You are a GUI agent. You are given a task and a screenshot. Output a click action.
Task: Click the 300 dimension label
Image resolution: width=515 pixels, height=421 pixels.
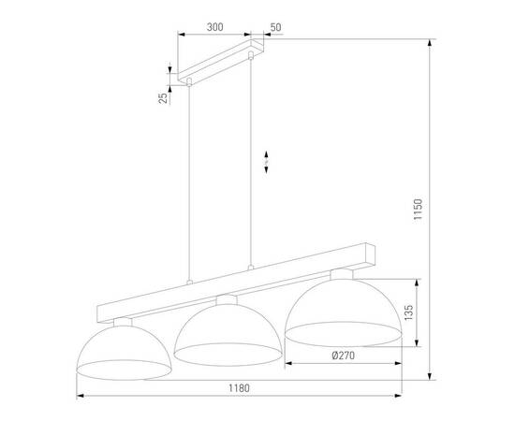[213, 28]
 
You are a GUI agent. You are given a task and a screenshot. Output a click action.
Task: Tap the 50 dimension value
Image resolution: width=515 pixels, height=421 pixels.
[275, 28]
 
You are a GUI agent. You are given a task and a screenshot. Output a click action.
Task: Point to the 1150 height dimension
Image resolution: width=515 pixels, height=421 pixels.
[420, 213]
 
